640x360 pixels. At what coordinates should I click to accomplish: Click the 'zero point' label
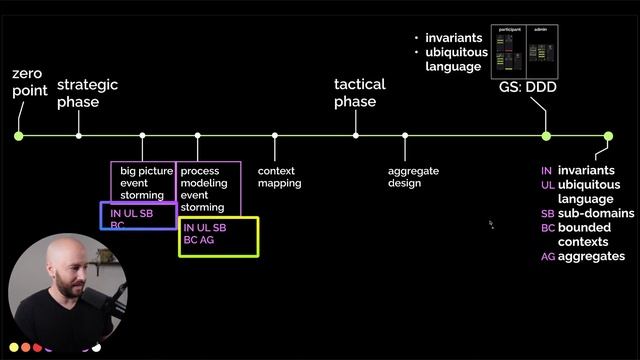[29, 83]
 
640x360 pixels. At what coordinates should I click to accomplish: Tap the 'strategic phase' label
[87, 94]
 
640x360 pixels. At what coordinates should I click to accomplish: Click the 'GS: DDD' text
[527, 88]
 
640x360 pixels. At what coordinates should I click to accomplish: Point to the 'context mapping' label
[279, 177]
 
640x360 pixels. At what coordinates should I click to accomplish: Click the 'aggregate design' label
[413, 177]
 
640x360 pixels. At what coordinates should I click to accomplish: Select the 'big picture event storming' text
[141, 183]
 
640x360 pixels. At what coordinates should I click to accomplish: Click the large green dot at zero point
[19, 136]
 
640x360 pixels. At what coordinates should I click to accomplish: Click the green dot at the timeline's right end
[608, 136]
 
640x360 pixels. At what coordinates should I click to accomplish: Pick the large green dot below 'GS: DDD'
[546, 136]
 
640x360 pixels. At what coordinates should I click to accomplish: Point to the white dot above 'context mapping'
[275, 136]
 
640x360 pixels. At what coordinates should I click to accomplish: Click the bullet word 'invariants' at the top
[454, 38]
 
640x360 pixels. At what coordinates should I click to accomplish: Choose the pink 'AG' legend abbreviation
[547, 257]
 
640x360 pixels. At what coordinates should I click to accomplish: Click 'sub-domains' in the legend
[596, 214]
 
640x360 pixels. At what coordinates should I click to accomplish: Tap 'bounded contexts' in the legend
[592, 235]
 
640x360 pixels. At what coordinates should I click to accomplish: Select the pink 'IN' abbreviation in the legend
[546, 171]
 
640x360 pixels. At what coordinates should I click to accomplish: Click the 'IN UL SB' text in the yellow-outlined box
[205, 228]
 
